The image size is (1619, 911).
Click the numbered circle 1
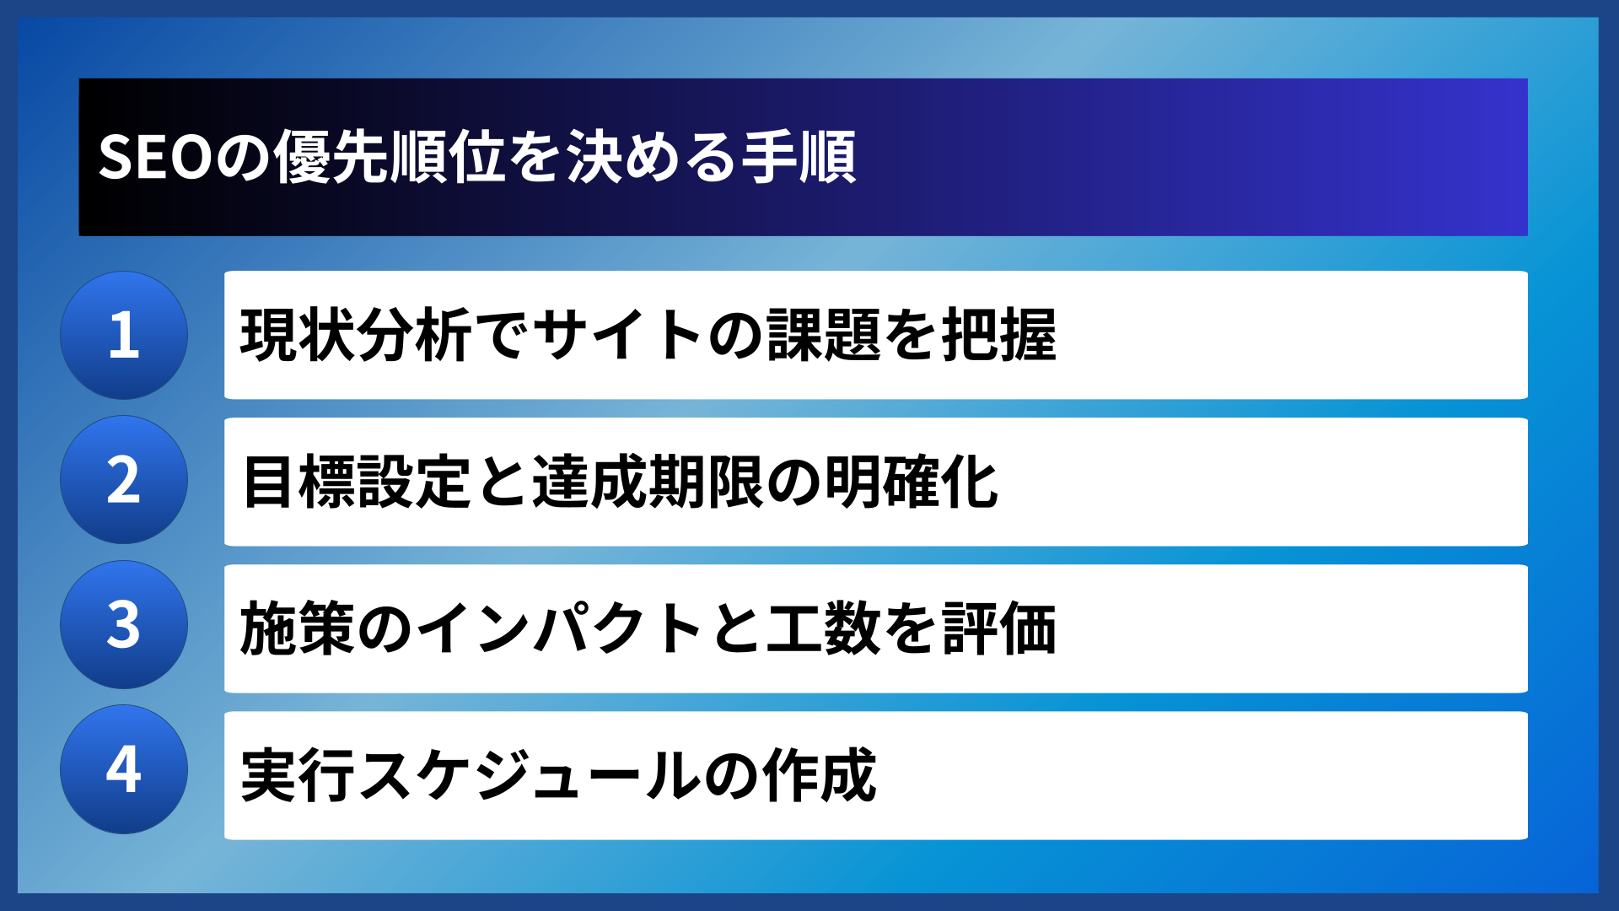[x=124, y=335]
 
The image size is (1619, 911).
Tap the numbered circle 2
[x=124, y=480]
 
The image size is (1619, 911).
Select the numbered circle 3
[x=124, y=625]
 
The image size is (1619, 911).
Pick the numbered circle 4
[x=124, y=769]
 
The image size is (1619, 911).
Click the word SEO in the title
[x=155, y=158]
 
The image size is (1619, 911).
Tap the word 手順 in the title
[x=798, y=158]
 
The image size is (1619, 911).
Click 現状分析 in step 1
[x=356, y=335]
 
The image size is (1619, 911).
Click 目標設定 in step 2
[x=356, y=482]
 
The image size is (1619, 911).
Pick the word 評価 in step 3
[x=998, y=628]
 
